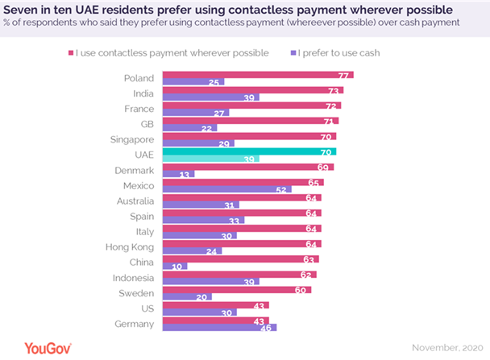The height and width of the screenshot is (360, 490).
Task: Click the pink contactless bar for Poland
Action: click(258, 75)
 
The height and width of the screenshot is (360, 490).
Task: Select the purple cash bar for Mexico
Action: click(226, 190)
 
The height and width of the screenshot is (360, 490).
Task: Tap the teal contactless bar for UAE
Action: click(249, 151)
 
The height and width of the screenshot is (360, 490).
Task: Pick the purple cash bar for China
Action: click(175, 266)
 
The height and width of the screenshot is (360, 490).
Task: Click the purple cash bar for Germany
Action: click(219, 327)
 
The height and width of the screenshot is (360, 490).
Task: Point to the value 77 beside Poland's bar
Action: click(344, 75)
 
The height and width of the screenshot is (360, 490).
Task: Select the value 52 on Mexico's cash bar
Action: click(281, 190)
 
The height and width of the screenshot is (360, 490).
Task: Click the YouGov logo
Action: click(37, 348)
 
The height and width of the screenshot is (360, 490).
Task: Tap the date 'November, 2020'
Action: click(447, 349)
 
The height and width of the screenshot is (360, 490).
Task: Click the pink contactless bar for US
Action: click(216, 304)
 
